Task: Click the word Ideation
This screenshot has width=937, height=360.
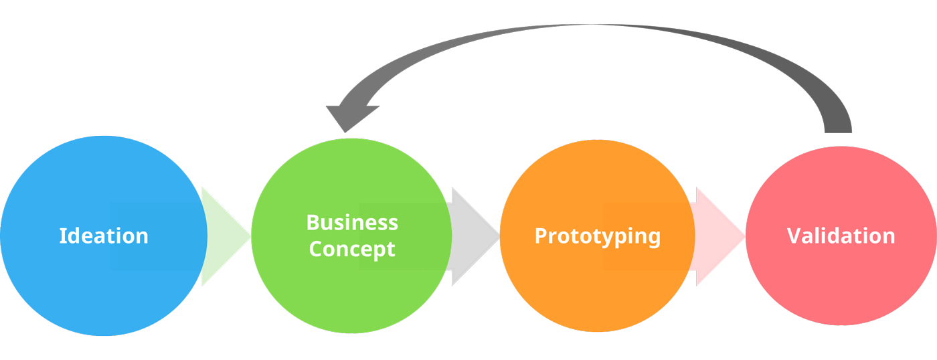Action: pos(104,236)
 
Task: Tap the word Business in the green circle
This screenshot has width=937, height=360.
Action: pos(352,223)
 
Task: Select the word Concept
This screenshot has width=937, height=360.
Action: pos(352,250)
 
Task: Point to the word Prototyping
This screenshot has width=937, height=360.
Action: pos(597,236)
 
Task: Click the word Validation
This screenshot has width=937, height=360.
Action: pos(841,236)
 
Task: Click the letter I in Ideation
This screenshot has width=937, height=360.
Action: pos(62,236)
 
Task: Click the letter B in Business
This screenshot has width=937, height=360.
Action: pos(313,223)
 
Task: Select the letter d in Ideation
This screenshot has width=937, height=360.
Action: pos(73,236)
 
